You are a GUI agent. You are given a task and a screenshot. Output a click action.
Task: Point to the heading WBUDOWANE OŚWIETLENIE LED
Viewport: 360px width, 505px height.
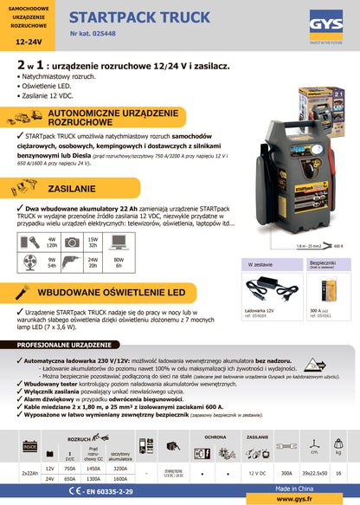(128, 292)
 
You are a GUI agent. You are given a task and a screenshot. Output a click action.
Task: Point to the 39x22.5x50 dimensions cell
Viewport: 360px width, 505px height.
(315, 472)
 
